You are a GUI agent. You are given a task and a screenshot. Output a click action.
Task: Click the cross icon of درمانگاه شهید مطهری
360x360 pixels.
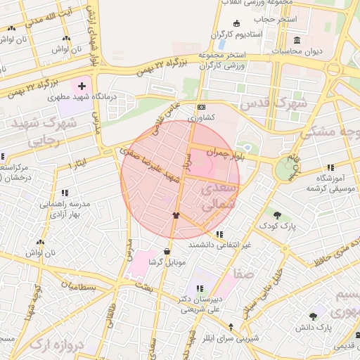(x=82, y=86)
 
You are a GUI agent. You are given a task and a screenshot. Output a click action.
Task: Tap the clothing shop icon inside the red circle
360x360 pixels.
(x=176, y=215)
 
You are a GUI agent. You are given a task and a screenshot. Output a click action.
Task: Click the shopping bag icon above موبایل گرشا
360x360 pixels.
(x=167, y=251)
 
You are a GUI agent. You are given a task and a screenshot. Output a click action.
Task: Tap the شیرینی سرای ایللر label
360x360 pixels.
(x=231, y=337)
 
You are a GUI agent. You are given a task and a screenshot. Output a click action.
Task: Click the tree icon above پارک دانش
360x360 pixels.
(x=313, y=317)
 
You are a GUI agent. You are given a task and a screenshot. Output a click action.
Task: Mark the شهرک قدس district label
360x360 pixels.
(x=274, y=103)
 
